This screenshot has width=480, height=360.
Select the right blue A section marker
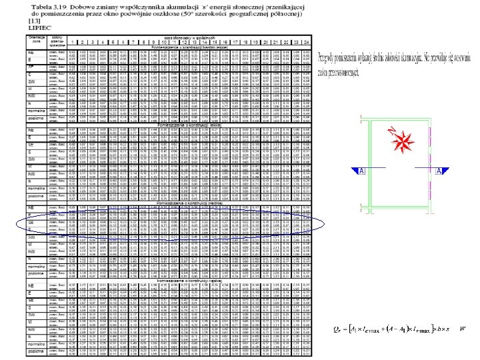441,172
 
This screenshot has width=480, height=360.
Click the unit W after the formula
463,329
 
